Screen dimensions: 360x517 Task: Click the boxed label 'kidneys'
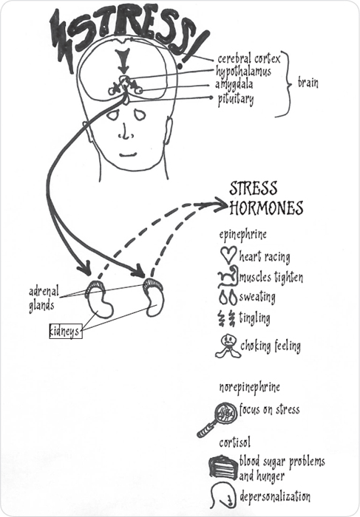[x=66, y=331]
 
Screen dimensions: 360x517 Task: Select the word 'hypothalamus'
[x=243, y=72]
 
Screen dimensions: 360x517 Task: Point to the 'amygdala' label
[x=234, y=85]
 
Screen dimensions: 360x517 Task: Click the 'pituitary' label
[x=236, y=99]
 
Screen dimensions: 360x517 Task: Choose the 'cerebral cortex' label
[x=249, y=58]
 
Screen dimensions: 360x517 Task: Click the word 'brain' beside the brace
[x=308, y=83]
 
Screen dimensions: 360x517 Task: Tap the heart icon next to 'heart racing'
[x=228, y=255]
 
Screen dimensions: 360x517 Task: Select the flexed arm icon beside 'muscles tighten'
[x=228, y=275]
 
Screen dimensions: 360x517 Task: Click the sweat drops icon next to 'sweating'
[x=228, y=298]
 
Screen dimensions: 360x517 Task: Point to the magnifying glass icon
[x=217, y=420]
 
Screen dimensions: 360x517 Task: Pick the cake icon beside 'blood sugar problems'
[x=223, y=468]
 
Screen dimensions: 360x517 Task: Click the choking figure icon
[x=228, y=346]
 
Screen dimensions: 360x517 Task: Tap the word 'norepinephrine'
[x=249, y=388]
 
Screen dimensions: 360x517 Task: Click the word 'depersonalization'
[x=275, y=496]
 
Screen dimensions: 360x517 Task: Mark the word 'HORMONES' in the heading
[x=266, y=208]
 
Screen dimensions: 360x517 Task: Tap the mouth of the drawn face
[x=128, y=154]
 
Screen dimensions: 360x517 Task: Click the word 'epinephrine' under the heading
[x=243, y=235]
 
